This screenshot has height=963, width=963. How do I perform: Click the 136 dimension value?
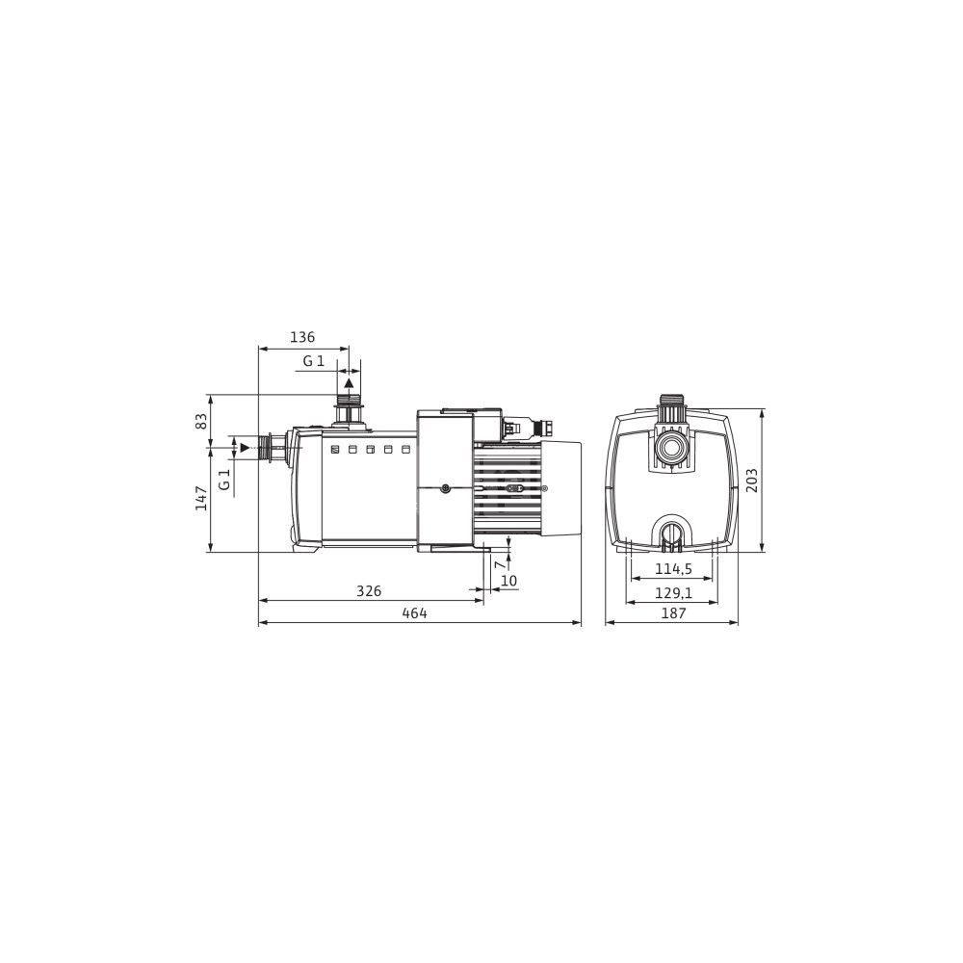tap(302, 337)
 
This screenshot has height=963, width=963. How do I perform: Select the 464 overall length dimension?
tap(414, 612)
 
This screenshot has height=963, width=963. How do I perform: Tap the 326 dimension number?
tap(369, 591)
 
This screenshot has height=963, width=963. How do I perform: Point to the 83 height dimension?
tap(201, 422)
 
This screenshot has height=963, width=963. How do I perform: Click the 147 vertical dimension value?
tap(201, 498)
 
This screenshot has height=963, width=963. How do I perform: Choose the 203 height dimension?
tap(752, 481)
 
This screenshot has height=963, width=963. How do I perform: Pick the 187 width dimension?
tap(674, 612)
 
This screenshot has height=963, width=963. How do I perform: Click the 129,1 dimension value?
tap(674, 592)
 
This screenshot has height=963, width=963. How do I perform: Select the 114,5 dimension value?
tap(674, 569)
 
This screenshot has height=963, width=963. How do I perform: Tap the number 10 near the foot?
tap(509, 581)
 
